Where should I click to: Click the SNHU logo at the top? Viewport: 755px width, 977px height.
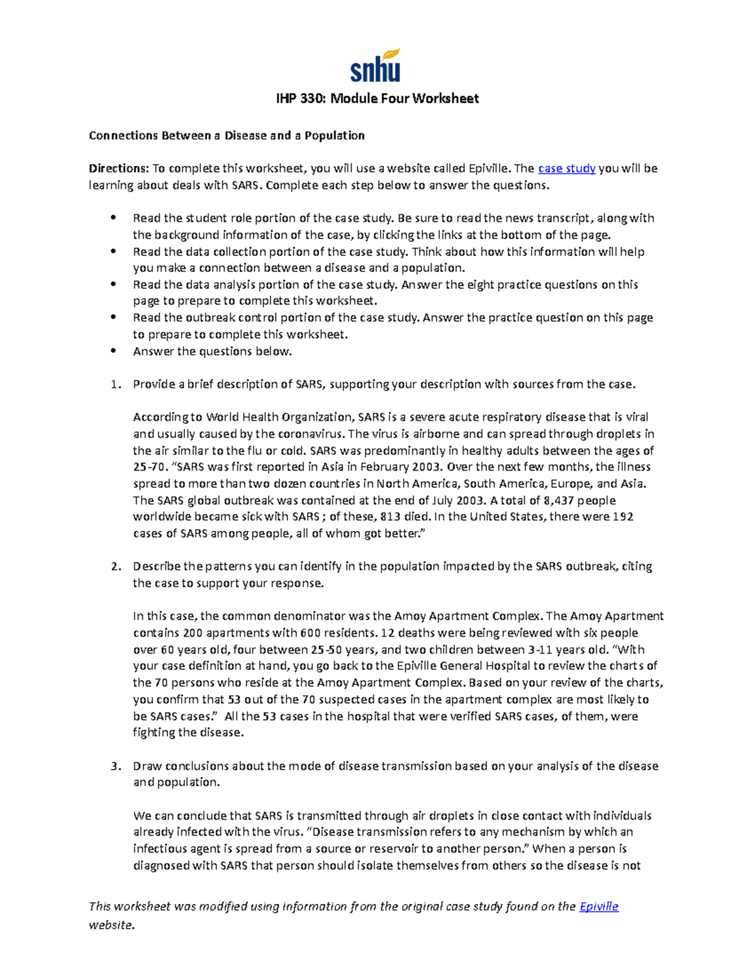pyautogui.click(x=376, y=65)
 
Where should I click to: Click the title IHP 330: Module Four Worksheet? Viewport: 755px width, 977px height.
pyautogui.click(x=377, y=99)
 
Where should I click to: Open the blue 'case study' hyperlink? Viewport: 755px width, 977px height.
pyautogui.click(x=567, y=169)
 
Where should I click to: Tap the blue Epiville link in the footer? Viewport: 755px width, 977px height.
pyautogui.click(x=598, y=907)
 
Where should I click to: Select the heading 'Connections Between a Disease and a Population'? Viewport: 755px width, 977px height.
pyautogui.click(x=226, y=136)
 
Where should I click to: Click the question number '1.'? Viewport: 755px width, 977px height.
pyautogui.click(x=115, y=384)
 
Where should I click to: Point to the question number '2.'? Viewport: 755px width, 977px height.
pyautogui.click(x=115, y=567)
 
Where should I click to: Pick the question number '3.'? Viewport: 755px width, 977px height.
pyautogui.click(x=115, y=766)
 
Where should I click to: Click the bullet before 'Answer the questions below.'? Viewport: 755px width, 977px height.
pyautogui.click(x=113, y=351)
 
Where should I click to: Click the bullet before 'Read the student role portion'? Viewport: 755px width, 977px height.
pyautogui.click(x=113, y=218)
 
